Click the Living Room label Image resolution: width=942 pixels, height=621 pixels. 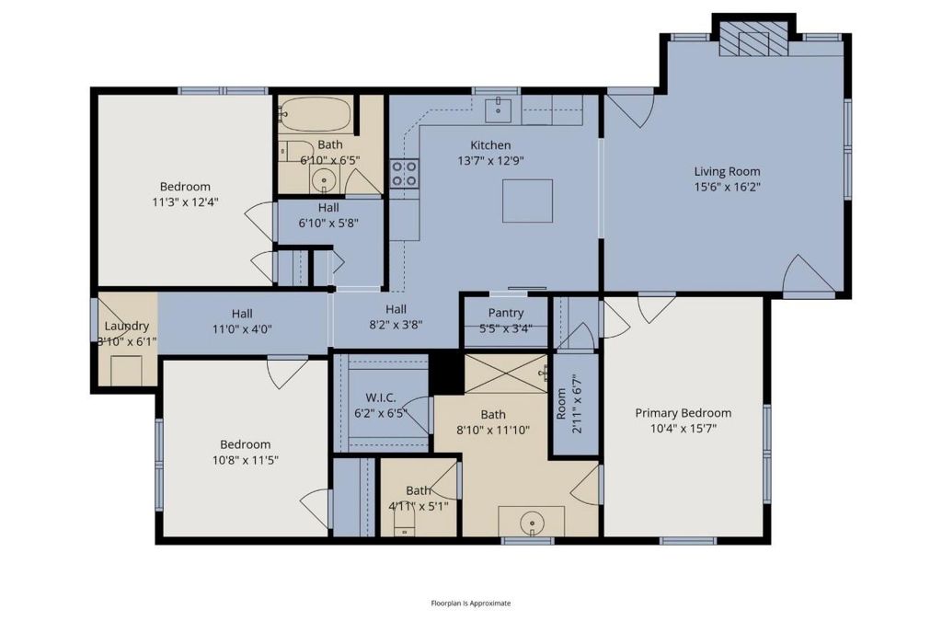tap(727, 171)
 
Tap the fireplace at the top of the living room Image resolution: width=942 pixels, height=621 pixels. tap(753, 40)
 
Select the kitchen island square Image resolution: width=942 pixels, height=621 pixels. tap(527, 201)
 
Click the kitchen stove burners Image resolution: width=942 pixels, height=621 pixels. tap(404, 174)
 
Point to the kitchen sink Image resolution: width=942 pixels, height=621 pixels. tap(498, 109)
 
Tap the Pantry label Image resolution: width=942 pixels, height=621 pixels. tap(506, 313)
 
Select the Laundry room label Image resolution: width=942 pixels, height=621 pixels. tap(127, 326)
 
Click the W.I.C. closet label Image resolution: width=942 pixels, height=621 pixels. tap(381, 397)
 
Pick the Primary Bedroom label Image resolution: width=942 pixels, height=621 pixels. tap(684, 413)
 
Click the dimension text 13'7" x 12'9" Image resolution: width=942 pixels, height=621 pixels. tap(491, 161)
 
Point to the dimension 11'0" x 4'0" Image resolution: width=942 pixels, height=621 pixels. tap(242, 329)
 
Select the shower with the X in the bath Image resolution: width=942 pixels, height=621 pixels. tap(506, 374)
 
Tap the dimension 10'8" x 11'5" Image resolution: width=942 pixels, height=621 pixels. tap(245, 461)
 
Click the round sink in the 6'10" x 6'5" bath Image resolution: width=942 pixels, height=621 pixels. tap(325, 179)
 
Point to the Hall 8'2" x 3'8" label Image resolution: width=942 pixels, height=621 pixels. tap(396, 317)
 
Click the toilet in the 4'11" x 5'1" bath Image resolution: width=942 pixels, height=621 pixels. tap(405, 528)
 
